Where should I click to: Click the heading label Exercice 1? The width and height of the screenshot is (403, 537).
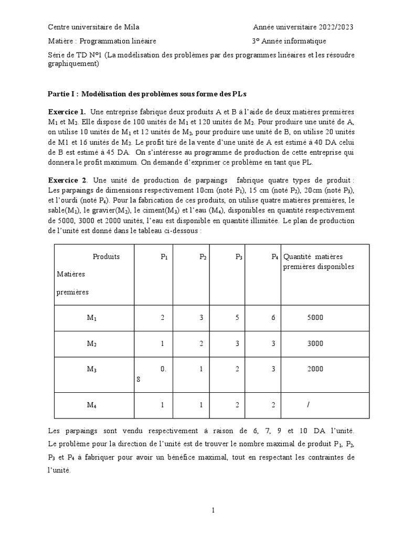point(67,112)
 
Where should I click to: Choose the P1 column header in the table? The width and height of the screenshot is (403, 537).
point(164,257)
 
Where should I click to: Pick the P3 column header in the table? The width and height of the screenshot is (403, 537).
point(239,257)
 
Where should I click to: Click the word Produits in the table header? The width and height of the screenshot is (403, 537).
point(106,256)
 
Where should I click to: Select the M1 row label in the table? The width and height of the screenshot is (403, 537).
point(92,318)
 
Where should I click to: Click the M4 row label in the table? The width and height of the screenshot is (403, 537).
point(92,405)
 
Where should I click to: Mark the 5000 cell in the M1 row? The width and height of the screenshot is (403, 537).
point(315,318)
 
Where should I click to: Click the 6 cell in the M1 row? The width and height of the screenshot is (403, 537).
point(273,318)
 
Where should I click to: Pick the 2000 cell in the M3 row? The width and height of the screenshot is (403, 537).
point(315,369)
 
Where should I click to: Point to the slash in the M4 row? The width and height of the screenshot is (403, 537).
point(313,405)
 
